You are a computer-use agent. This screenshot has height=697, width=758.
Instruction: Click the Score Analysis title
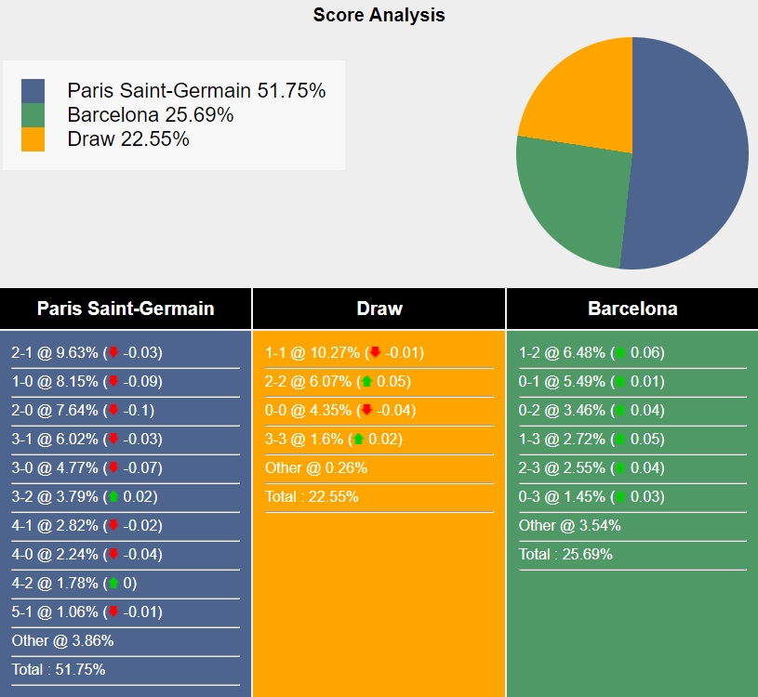tap(379, 15)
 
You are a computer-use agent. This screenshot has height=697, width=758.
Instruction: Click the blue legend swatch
tap(33, 91)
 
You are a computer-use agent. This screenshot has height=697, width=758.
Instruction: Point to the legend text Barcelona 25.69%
tap(151, 115)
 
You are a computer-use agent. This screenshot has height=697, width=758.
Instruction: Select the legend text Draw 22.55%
tap(128, 139)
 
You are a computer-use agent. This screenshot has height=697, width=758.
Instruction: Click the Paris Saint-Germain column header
tap(126, 309)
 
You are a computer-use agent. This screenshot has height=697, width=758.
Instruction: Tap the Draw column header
tap(379, 309)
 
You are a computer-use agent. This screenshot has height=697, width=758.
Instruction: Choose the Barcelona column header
tap(632, 309)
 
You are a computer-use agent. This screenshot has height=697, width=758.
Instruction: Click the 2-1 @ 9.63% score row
tap(87, 352)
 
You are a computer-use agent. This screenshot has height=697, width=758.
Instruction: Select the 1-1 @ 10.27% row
tap(345, 352)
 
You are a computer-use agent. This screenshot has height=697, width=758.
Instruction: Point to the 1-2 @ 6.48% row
tap(592, 352)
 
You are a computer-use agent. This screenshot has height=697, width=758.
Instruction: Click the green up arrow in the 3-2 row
tap(113, 496)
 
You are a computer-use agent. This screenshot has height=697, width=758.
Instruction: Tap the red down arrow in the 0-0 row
tap(367, 410)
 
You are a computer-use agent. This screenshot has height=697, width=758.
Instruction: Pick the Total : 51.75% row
tap(59, 669)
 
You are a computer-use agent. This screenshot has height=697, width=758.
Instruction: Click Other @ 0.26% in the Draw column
tap(316, 468)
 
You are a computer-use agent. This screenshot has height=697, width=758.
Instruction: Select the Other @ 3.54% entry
tap(569, 525)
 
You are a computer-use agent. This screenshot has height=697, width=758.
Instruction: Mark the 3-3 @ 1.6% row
tap(334, 439)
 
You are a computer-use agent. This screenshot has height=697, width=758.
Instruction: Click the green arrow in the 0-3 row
tap(620, 496)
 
